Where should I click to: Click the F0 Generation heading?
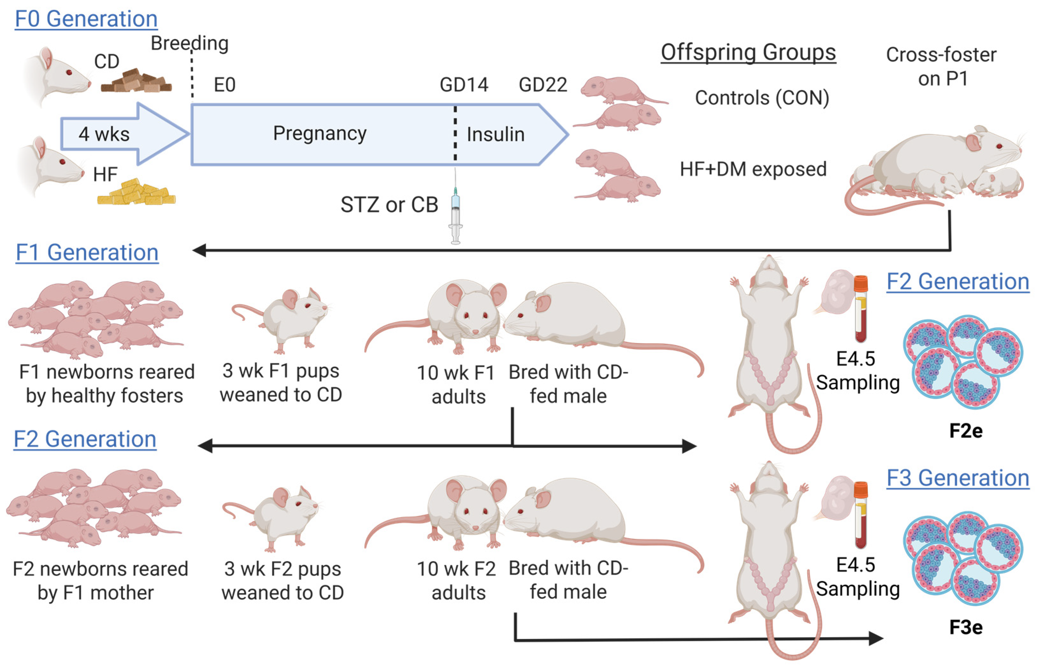86,19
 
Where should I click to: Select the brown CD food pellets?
136,82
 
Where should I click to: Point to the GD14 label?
463,85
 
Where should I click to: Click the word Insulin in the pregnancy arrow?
496,134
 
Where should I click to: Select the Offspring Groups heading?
748,53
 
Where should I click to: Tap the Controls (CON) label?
762,98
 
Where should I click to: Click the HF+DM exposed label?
753,169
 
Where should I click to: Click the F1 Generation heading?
87,252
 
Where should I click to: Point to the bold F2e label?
965,431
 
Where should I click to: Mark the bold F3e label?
965,627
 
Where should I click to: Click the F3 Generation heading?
957,478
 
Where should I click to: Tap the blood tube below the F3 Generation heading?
861,515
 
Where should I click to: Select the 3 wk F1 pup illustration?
286,319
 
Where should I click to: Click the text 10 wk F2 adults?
456,580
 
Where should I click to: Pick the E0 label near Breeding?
224,85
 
